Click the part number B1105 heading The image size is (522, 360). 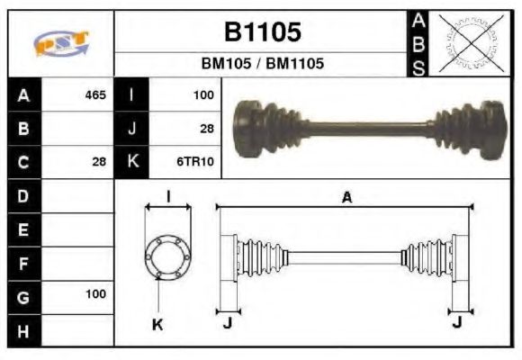click(262, 32)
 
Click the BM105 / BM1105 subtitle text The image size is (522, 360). click(262, 65)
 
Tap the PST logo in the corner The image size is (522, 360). click(60, 43)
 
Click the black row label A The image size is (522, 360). click(23, 94)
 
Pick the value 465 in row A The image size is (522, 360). click(95, 94)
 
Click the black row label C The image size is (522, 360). click(23, 162)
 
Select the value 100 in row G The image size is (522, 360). click(95, 293)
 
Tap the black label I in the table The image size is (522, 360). click(132, 94)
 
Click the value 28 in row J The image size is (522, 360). click(206, 129)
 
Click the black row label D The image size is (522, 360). click(23, 194)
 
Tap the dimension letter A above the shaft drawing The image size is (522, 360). click(346, 198)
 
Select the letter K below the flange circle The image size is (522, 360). click(158, 324)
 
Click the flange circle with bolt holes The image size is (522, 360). click(167, 257)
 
